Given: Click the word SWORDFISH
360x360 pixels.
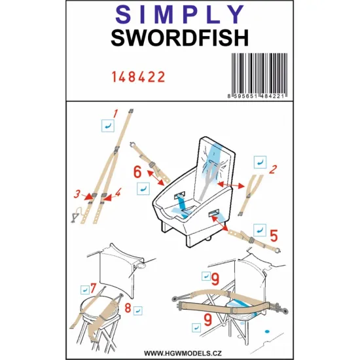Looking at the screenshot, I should (179, 39).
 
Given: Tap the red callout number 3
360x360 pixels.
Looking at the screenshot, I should (77, 194).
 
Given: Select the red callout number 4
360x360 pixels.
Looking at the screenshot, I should (118, 194).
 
